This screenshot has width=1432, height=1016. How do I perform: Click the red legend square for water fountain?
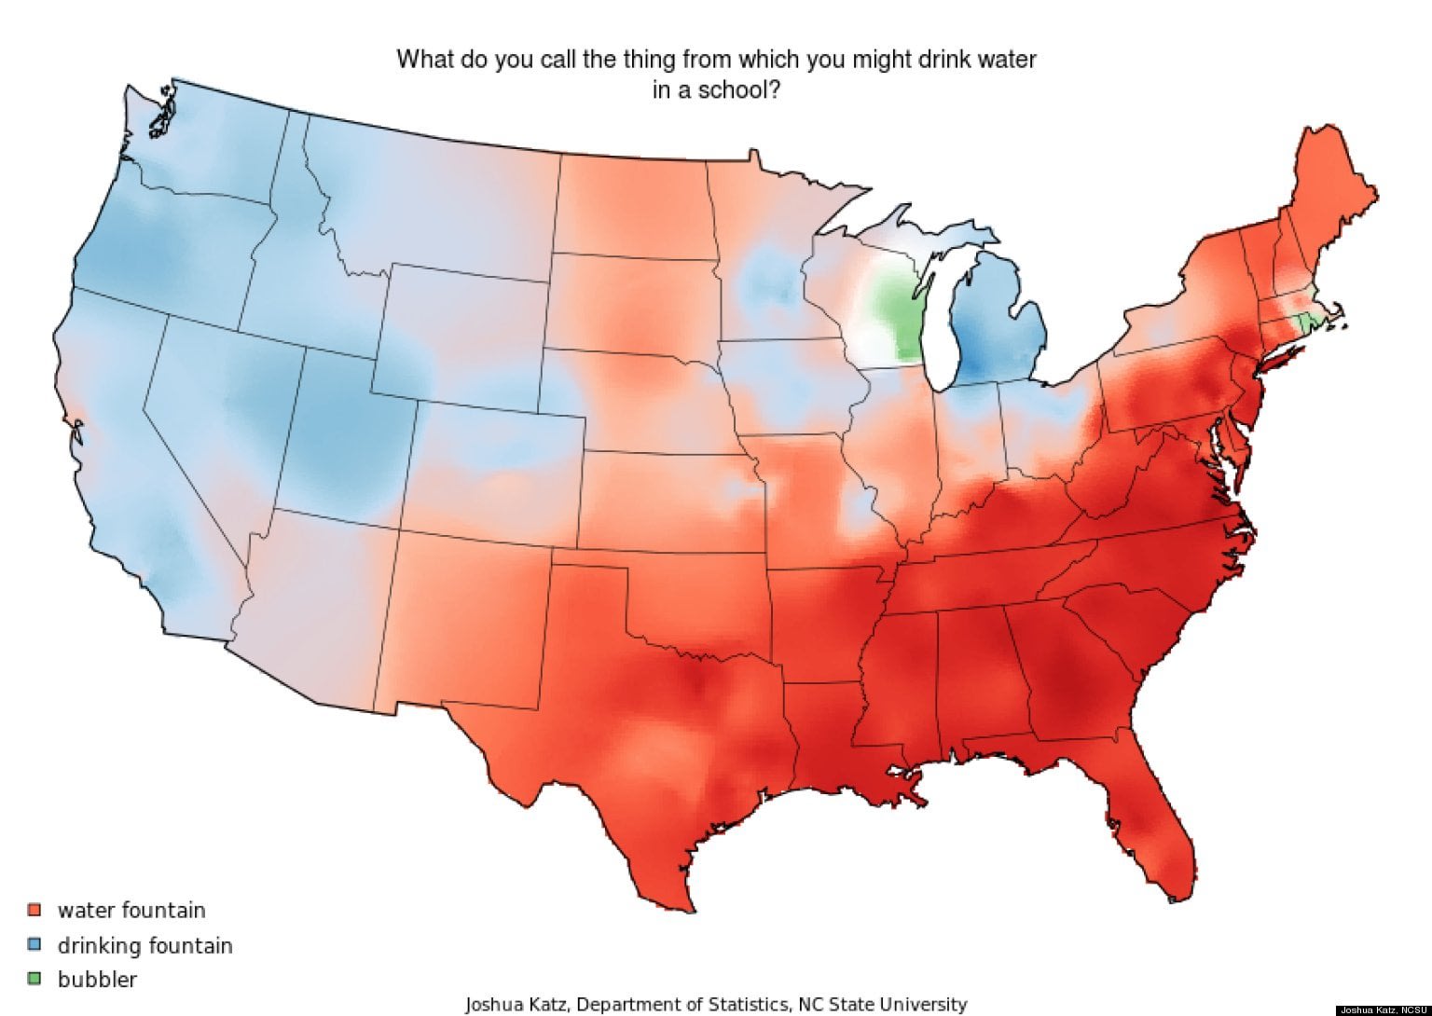[x=35, y=909]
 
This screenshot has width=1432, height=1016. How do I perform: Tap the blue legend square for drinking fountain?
[x=35, y=944]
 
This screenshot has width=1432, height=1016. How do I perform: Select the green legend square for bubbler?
[x=35, y=979]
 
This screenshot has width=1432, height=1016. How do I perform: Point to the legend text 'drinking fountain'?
[x=145, y=945]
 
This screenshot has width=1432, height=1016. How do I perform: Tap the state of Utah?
[x=340, y=429]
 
